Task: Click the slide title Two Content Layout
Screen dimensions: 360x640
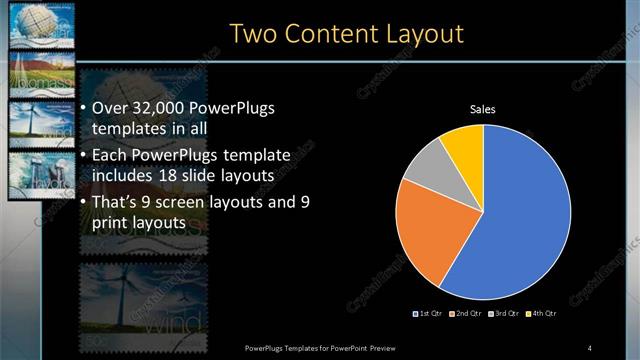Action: click(x=346, y=33)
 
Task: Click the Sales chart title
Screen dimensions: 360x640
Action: click(x=483, y=110)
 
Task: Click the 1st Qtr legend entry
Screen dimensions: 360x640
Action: click(x=430, y=313)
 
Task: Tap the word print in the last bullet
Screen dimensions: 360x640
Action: click(x=107, y=223)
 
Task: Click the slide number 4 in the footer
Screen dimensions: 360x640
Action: click(x=590, y=347)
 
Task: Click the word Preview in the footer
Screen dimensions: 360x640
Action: click(x=396, y=347)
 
